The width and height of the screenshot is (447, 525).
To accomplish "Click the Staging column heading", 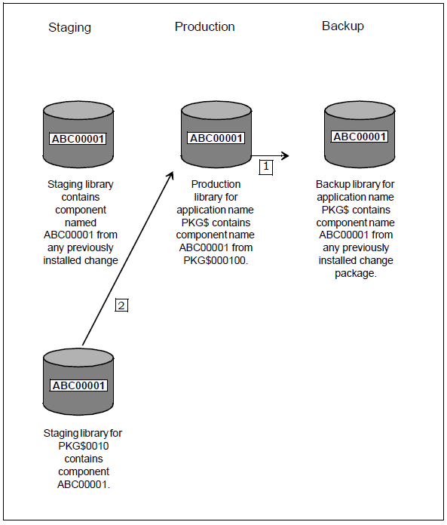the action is pos(69,28).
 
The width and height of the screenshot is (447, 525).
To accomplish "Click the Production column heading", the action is pos(205,27).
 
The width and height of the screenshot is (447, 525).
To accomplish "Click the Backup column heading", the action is pos(343,26).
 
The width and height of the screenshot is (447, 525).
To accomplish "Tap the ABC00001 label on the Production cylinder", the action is pos(216,138).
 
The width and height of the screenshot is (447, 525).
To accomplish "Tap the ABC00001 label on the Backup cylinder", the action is pos(360,137).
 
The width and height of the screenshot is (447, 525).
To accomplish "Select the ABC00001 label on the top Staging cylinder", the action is pos(78,139).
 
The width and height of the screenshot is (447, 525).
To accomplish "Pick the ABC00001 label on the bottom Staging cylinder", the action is pos(78,385).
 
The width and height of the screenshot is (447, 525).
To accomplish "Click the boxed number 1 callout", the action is pos(266,167).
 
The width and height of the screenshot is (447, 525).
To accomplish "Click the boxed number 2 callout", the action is pos(121,305).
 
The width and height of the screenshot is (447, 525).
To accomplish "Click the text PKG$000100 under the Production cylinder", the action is pos(216,260).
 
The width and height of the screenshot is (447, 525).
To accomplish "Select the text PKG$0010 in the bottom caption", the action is pos(84,446).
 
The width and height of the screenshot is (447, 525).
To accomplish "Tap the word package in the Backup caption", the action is pos(356,274).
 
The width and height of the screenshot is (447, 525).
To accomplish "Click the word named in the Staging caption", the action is pos(81,223).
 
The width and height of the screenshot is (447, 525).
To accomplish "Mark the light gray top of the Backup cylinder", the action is pos(360,111).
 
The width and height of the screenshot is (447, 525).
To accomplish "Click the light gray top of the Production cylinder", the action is pos(216,111).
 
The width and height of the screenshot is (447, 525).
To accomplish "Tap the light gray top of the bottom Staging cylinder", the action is pos(78,358).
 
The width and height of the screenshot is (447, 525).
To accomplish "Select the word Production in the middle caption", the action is pos(216,184).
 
